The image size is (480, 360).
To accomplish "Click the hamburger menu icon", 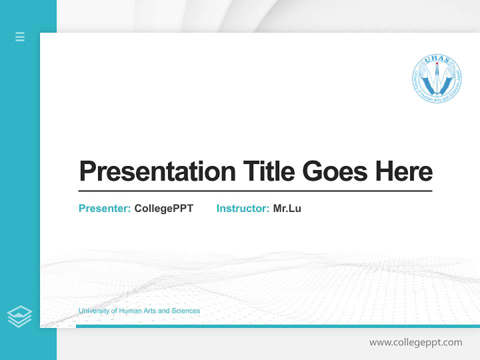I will click(20, 36).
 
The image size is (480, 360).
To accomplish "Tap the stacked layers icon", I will click(19, 316).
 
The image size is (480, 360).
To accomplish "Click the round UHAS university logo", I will click(437, 79).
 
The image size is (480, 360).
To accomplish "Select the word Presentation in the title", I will click(157, 171).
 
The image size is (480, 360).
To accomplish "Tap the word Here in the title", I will click(404, 171).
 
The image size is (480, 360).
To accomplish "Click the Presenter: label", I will click(105, 208).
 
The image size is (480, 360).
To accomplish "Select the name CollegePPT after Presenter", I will click(163, 208).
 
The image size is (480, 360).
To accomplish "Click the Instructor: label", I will click(243, 208).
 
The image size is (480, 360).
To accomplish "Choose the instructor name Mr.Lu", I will click(287, 208).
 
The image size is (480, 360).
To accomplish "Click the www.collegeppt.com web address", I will click(415, 342).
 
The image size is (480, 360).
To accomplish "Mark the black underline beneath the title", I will click(255, 190).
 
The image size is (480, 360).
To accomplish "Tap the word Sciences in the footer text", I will click(185, 311).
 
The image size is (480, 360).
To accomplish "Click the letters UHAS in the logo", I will click(437, 61).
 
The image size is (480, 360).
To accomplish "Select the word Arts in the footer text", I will click(149, 311).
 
